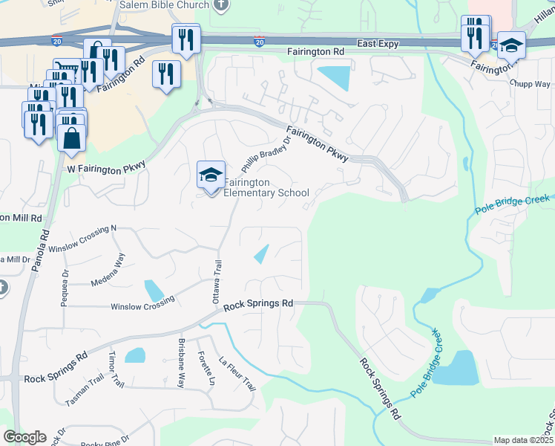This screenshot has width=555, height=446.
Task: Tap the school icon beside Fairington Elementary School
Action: [x=211, y=176]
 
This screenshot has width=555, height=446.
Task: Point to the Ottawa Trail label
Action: [x=218, y=279]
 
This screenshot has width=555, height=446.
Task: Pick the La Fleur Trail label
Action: [x=237, y=375]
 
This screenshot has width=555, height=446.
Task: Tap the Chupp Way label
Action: [x=529, y=84]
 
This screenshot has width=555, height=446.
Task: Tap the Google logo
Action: [x=24, y=437]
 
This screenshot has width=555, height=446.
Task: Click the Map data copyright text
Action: [x=524, y=440]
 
